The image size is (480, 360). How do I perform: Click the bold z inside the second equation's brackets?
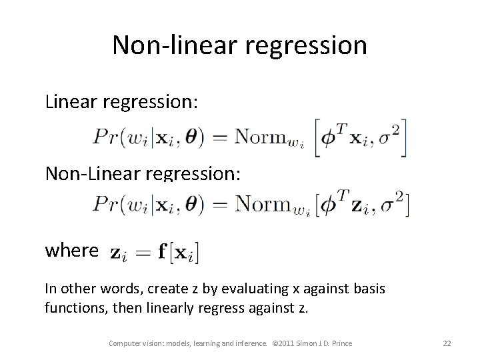pos(360,207)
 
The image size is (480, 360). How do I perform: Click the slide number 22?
pos(447,343)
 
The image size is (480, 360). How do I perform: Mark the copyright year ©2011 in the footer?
pos(289,343)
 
